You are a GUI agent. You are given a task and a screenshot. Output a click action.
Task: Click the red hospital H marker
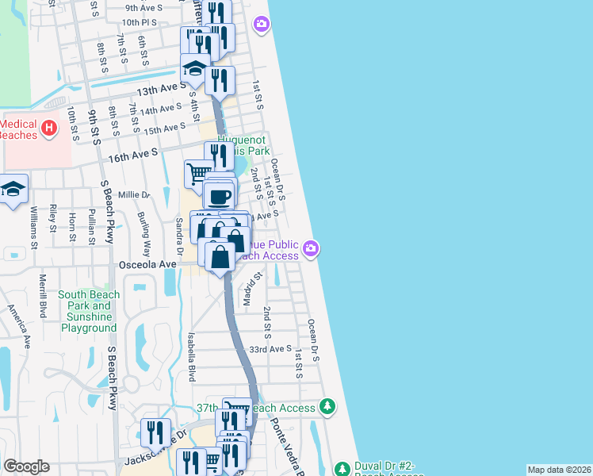point(49,126)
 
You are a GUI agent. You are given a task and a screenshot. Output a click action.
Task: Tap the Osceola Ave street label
point(147,264)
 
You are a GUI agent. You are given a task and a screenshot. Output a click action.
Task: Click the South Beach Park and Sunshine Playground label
point(89,312)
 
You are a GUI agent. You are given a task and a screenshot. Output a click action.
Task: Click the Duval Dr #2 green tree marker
point(342,467)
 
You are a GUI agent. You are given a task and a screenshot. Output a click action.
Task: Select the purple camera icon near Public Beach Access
point(312,249)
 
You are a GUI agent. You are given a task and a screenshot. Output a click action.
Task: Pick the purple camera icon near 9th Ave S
point(261,25)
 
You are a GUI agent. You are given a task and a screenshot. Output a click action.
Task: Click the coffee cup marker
point(219,195)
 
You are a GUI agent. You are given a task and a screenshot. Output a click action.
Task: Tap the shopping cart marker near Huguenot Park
point(198,171)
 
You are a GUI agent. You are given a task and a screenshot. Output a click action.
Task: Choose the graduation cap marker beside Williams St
point(13,190)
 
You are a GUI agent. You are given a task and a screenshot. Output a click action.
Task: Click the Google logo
point(26,466)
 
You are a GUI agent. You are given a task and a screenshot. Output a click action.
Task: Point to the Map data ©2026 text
point(559,470)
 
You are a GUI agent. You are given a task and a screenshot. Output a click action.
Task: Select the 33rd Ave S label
point(270,349)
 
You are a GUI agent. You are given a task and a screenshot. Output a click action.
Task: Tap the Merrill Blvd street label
point(43,294)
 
